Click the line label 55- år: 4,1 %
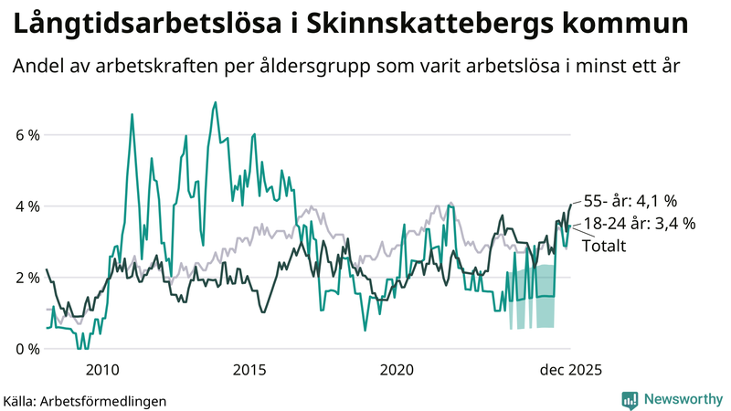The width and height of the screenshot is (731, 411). coord(630,201)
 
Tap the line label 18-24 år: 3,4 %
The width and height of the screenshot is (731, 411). coord(640,223)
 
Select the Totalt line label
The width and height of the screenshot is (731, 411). coord(604,245)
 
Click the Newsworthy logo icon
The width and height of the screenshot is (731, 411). coord(630,399)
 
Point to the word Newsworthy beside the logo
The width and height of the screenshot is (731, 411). coord(681,399)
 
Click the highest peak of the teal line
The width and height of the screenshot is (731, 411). coord(215,102)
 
